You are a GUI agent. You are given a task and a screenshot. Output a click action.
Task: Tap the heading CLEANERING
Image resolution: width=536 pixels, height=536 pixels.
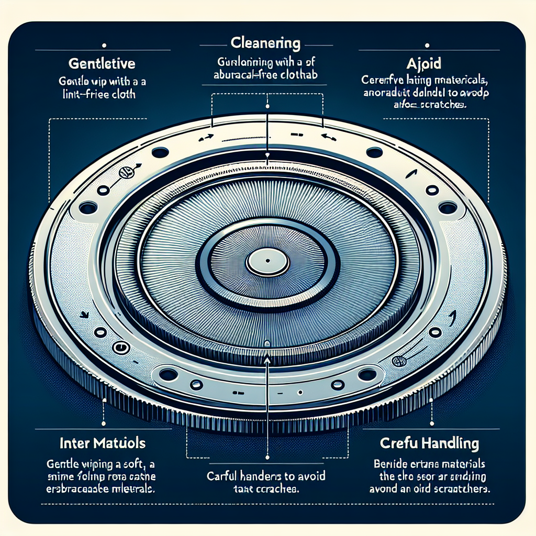267,42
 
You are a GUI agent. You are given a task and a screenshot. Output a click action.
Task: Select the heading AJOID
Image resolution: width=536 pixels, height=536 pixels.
423,64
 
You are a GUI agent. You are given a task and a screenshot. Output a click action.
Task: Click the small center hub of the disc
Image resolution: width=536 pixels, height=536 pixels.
267,260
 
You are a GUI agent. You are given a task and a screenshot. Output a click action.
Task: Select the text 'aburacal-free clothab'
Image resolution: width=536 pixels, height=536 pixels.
267,74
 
